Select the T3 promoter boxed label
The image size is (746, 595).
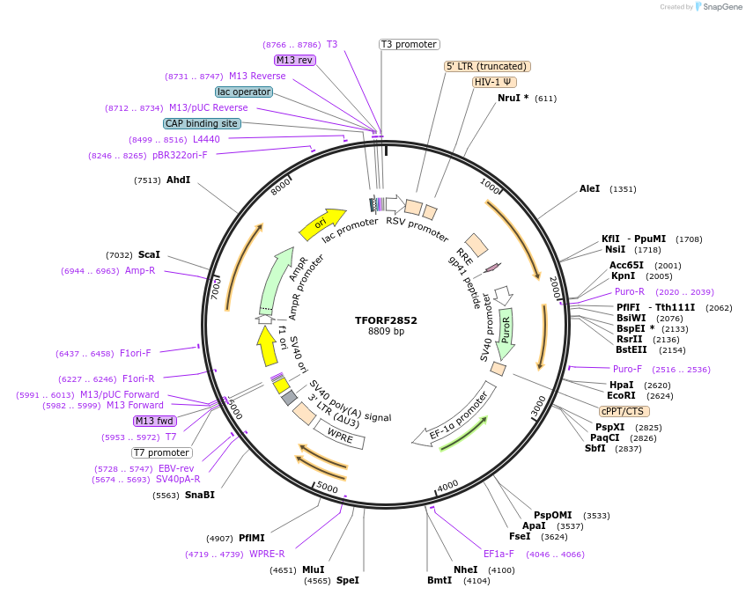410,44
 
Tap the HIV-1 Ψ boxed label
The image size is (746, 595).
493,82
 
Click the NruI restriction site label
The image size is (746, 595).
513,98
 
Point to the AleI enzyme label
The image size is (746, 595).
589,188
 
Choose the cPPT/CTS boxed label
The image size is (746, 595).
624,411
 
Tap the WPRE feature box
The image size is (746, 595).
339,434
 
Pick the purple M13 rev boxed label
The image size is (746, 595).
294,60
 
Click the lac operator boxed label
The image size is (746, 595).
243,92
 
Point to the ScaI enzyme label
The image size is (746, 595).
149,254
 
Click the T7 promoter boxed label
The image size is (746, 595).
161,452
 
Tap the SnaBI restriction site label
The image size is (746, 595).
199,495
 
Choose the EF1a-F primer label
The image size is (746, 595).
499,555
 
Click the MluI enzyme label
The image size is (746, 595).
313,569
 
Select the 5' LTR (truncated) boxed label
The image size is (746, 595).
487,66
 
